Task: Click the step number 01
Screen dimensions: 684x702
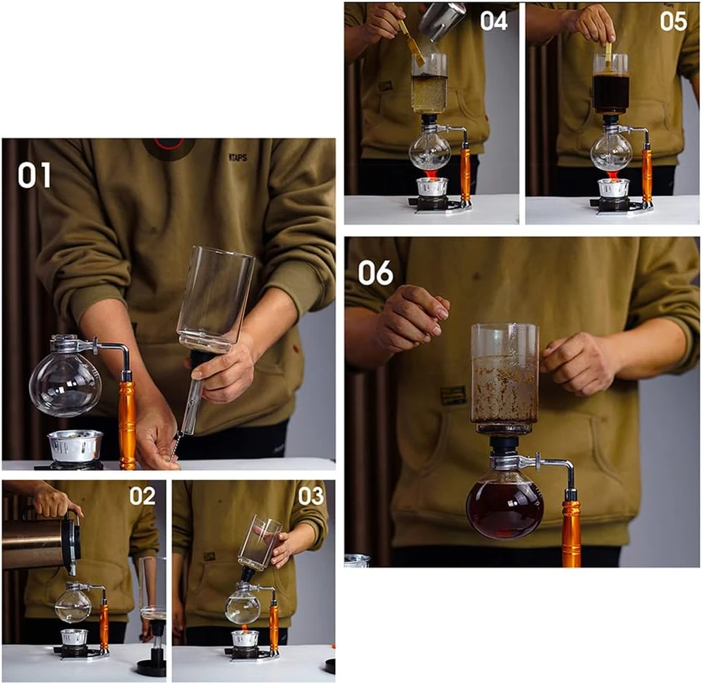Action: [x=35, y=175]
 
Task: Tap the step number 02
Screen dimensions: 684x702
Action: [x=142, y=496]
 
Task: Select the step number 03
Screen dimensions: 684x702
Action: [x=310, y=496]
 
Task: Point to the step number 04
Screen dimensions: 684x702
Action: [x=494, y=20]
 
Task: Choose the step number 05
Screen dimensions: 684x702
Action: [x=673, y=20]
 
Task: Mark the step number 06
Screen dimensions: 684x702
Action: [x=375, y=272]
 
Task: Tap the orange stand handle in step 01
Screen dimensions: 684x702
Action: [x=127, y=423]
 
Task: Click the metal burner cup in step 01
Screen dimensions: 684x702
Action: [x=75, y=444]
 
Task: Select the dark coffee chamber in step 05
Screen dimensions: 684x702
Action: [x=610, y=92]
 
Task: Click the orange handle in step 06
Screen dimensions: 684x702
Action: [x=571, y=532]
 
